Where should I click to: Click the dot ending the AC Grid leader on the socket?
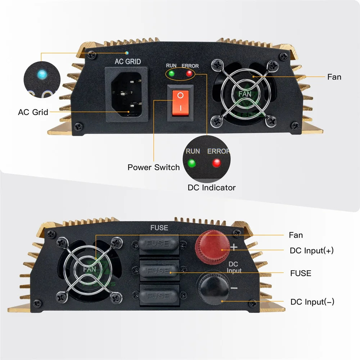pos(129,112)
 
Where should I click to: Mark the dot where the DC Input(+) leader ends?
pos(222,250)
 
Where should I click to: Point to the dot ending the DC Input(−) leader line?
pos(222,301)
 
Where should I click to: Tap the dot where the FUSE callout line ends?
pos(171,273)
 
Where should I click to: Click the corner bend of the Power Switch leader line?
pos(154,100)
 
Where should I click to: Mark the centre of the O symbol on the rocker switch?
pos(180,95)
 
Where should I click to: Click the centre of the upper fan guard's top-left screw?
pos(217,65)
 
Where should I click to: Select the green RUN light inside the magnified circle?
pos(192,163)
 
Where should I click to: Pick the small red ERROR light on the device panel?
pos(189,73)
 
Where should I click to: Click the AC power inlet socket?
pos(126,94)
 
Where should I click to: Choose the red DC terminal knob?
pos(212,247)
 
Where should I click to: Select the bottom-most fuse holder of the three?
pos(159,295)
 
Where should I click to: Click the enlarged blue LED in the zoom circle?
pos(42,75)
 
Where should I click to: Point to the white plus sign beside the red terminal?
pos(234,247)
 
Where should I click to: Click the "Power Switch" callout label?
pos(154,167)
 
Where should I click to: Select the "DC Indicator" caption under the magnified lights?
pos(212,188)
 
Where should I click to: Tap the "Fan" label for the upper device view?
pos(334,77)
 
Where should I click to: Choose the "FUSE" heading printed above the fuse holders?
pos(159,228)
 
